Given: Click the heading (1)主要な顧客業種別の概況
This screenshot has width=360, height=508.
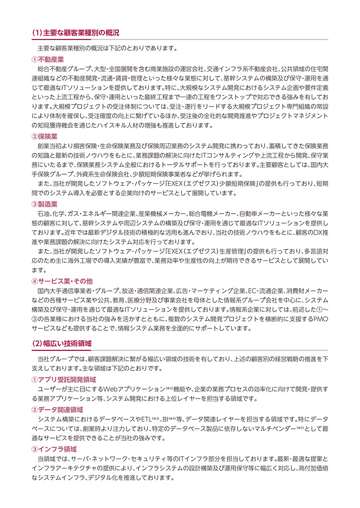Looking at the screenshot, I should (76, 33).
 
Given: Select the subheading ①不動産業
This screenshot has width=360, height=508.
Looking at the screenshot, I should (48, 59).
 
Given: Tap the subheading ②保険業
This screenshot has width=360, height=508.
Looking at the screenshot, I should (44, 137).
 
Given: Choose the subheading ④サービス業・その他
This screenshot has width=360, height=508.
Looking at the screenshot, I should (62, 281).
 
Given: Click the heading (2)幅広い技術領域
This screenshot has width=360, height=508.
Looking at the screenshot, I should (62, 343).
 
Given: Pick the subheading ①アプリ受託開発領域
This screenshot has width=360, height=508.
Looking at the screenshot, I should (64, 379).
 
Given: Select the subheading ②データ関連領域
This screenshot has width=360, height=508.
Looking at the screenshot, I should (57, 410).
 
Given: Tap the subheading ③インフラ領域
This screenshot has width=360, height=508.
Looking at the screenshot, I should (54, 449).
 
